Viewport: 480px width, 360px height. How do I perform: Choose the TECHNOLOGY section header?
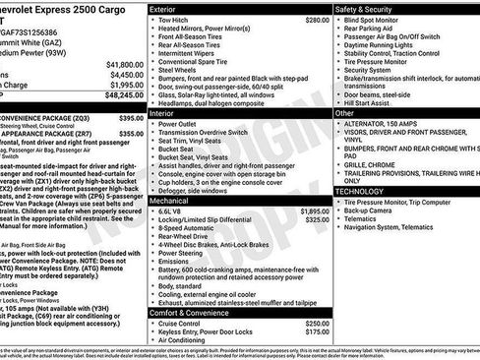(361, 190)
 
